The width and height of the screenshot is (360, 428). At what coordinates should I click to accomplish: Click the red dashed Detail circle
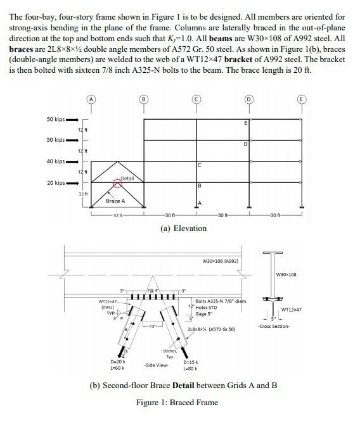point(116,184)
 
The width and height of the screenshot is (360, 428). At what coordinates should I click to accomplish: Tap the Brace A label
point(116,201)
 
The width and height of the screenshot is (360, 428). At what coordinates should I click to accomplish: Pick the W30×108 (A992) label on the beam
point(220,260)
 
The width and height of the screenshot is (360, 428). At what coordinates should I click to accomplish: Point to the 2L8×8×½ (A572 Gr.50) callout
point(212,329)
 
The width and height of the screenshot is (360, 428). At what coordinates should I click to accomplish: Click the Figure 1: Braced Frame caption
point(177,402)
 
